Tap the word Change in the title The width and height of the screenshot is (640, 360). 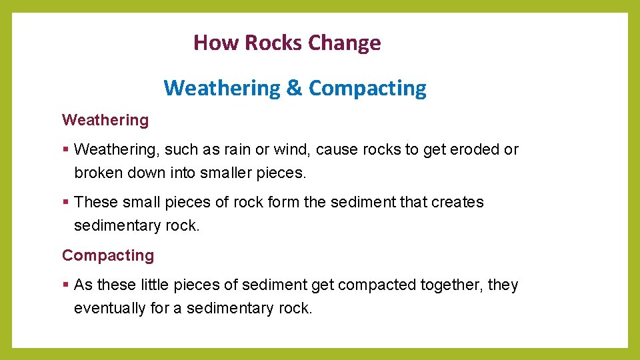tap(345, 43)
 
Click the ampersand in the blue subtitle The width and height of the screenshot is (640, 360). tap(294, 88)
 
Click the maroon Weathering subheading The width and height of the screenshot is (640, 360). tap(105, 121)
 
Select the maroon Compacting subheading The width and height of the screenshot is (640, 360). tap(108, 255)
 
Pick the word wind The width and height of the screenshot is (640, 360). tap(295, 150)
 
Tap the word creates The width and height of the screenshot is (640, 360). tap(460, 202)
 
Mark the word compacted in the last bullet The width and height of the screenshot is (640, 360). tap(376, 285)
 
